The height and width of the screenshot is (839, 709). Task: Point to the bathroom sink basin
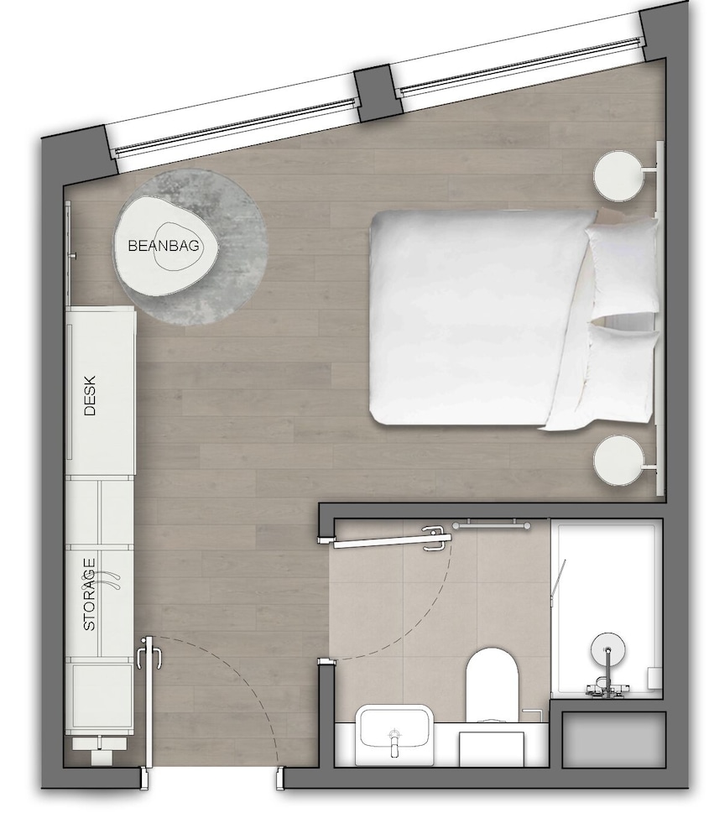[x=394, y=732]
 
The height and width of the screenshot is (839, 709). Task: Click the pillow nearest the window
[x=623, y=267]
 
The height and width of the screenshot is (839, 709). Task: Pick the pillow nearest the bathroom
[x=617, y=373]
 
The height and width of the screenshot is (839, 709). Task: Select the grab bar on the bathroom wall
[x=492, y=526]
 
